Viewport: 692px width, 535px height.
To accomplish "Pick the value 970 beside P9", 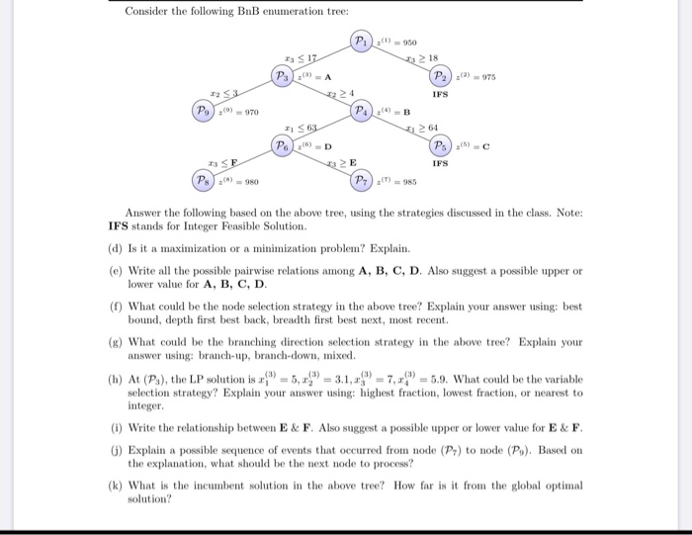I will tap(252, 112).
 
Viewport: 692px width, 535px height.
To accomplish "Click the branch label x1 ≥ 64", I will tap(423, 129).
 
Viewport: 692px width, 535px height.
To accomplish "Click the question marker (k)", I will tap(117, 485).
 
